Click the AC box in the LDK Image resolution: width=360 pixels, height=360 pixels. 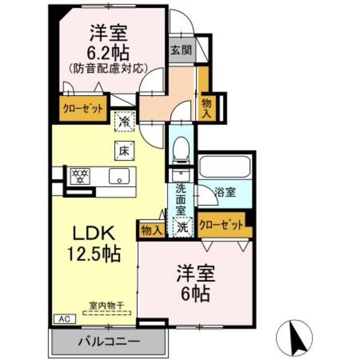tap(65, 319)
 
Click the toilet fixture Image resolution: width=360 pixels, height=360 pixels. tap(181, 150)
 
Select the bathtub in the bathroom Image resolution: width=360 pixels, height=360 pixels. tap(224, 166)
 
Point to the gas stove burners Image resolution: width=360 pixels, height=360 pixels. tap(80, 176)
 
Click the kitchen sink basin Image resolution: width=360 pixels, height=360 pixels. tap(119, 176)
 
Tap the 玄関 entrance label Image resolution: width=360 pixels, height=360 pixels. tap(181, 50)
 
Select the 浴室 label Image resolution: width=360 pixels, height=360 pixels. tap(225, 192)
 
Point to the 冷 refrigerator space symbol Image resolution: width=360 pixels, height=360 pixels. tap(124, 121)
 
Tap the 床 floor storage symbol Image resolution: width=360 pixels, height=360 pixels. tap(124, 151)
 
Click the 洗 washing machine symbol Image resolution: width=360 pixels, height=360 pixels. tap(183, 227)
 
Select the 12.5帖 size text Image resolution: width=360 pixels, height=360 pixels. tap(94, 254)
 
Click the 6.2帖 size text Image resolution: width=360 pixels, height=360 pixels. tap(108, 53)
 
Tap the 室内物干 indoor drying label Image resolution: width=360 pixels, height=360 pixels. tap(107, 305)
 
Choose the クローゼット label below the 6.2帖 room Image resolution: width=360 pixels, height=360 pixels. tap(83, 109)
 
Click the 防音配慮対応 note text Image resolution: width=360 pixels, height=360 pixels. tap(108, 69)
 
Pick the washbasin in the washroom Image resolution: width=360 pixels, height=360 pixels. tap(181, 175)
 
